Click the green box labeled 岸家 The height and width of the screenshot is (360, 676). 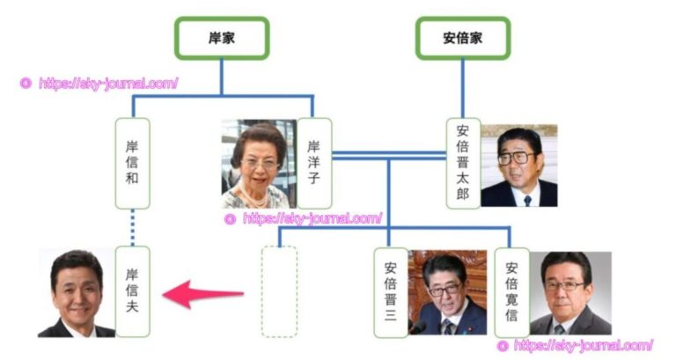pos(221,38)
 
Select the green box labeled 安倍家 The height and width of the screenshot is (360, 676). pos(463,38)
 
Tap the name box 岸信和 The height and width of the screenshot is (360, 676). pos(133,164)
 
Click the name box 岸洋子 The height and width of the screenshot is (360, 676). pos(314,164)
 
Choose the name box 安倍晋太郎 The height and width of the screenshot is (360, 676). pos(463,164)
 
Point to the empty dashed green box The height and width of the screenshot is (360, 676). pos(280,291)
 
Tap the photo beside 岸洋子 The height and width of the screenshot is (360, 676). pos(259,164)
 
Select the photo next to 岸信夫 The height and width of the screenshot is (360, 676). pos(77,293)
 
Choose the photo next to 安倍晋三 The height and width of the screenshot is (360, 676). pos(447,292)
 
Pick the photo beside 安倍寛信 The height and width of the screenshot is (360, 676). pos(569,293)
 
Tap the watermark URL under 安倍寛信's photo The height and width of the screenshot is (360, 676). pos(576,345)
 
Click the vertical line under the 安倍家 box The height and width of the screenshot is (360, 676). pos(463,88)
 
